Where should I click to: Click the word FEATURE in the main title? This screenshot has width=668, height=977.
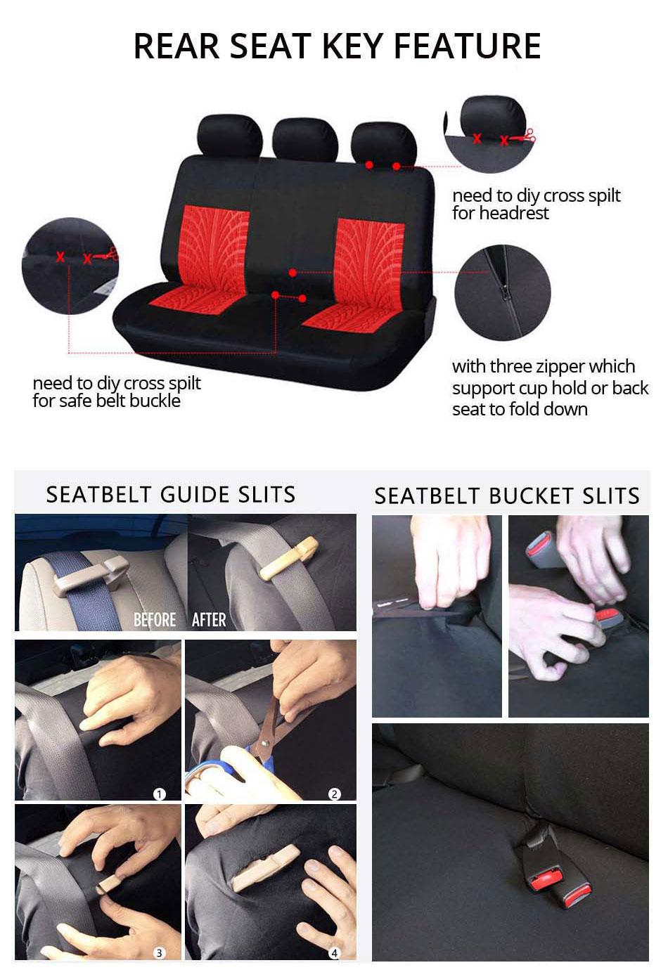click(x=467, y=46)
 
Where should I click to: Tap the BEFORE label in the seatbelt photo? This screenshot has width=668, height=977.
click(x=155, y=619)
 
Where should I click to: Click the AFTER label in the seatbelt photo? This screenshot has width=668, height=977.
click(x=209, y=619)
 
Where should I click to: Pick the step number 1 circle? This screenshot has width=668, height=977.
click(x=160, y=794)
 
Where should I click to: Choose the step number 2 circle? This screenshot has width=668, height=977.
click(x=335, y=794)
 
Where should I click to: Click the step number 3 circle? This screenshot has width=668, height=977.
click(x=160, y=952)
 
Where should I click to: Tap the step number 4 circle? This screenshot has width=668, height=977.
click(x=335, y=952)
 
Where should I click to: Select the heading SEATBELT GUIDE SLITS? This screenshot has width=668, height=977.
click(x=171, y=494)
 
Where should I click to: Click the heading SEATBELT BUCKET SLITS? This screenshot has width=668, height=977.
click(x=507, y=496)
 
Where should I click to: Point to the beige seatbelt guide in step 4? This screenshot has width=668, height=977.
click(x=265, y=869)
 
